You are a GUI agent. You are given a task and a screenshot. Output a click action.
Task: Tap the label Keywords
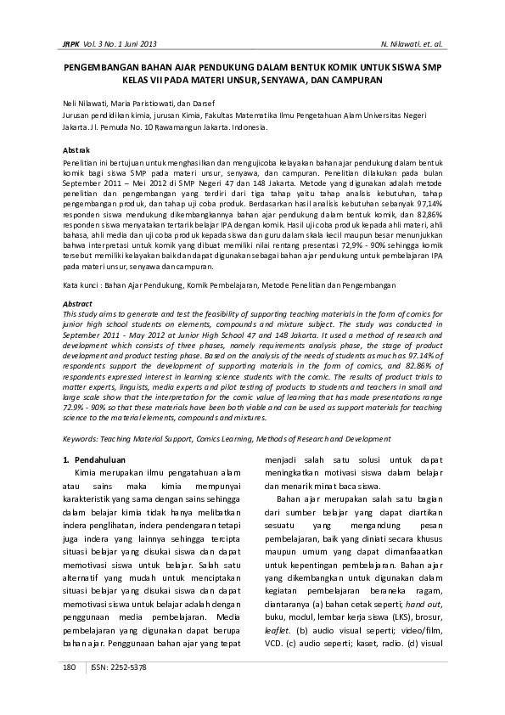coord(84,438)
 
